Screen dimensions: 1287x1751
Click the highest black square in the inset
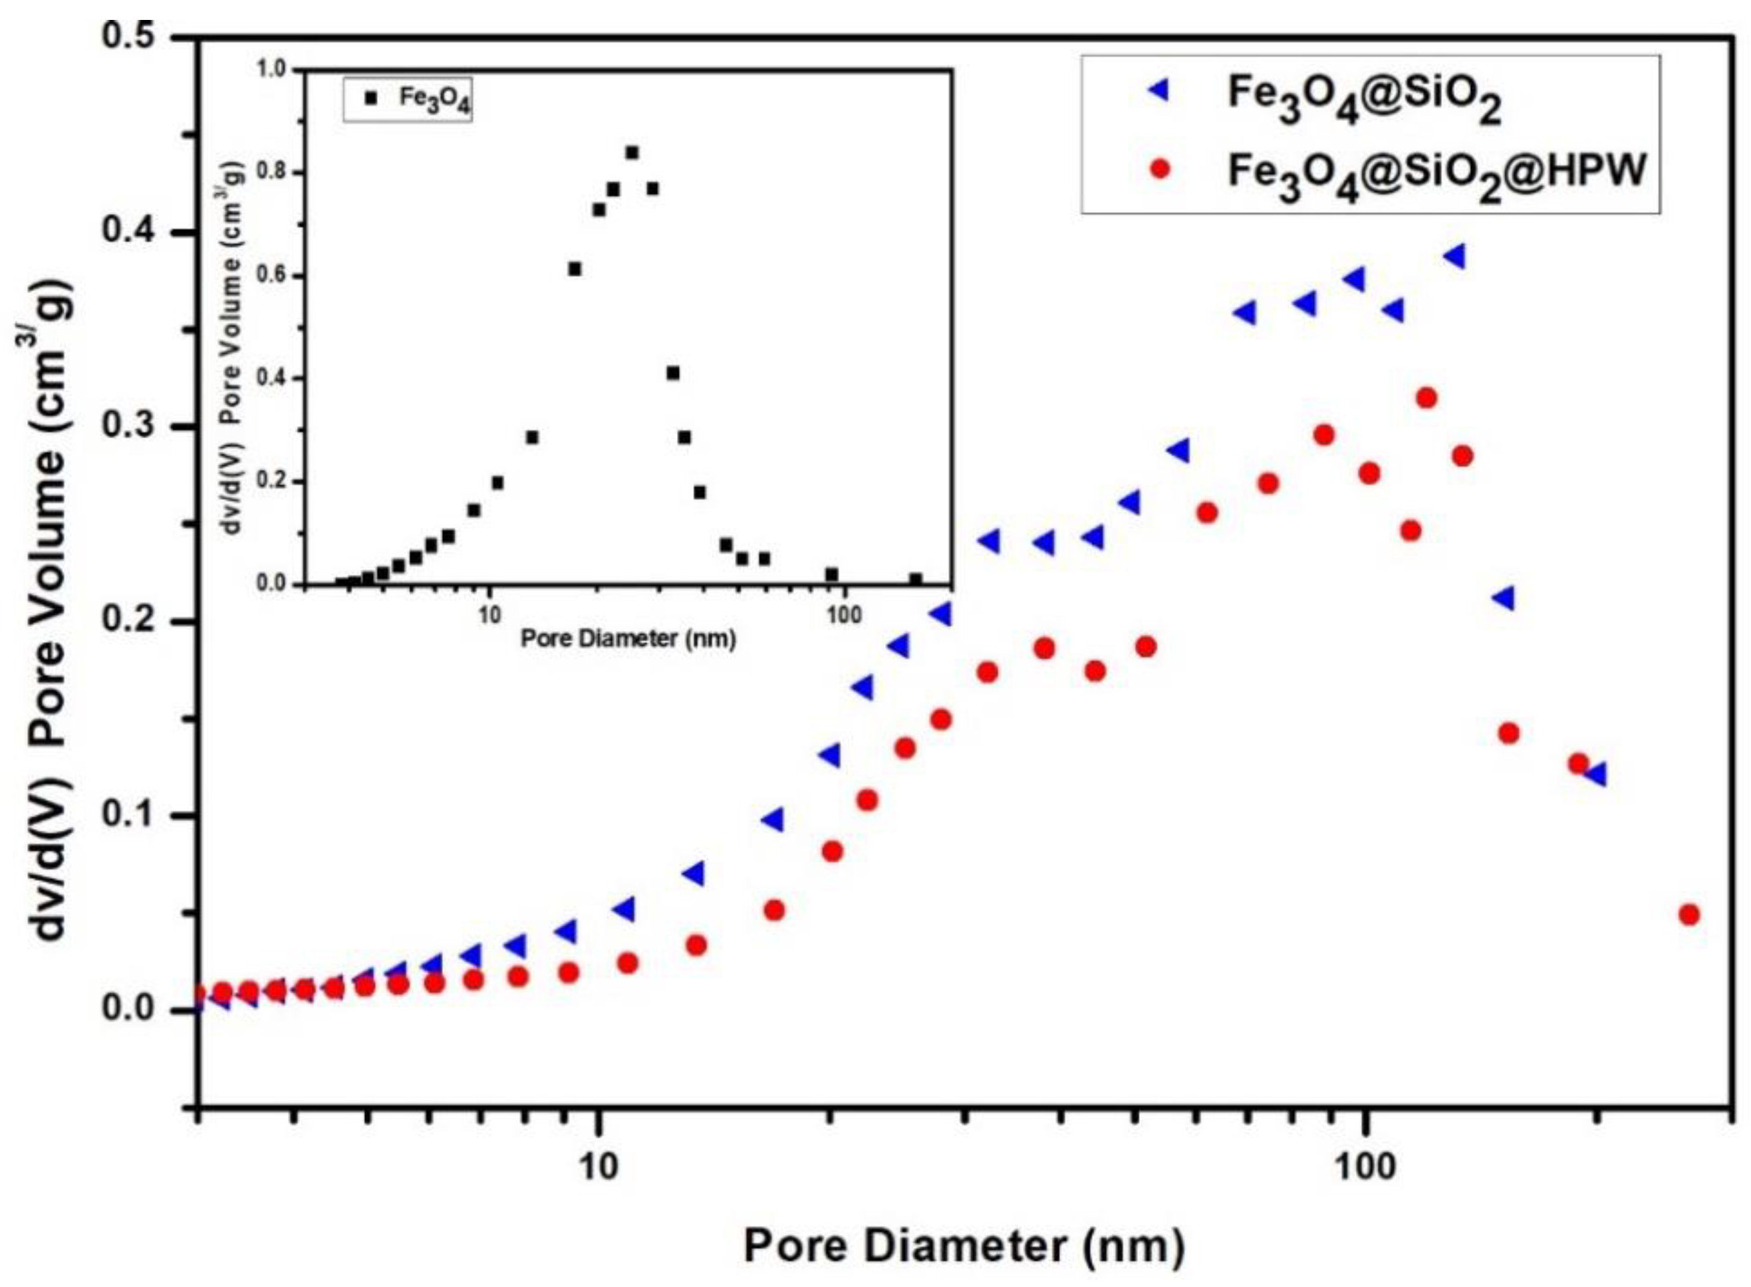pos(632,153)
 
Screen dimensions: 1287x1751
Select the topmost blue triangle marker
pos(1455,257)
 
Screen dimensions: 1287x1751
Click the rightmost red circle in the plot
pos(1689,915)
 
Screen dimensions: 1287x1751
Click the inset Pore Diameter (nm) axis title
pos(628,639)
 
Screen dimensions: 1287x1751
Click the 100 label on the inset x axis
pos(843,616)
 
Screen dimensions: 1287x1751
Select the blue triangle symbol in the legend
pos(1160,91)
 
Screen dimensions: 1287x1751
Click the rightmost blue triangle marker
pos(1597,774)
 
